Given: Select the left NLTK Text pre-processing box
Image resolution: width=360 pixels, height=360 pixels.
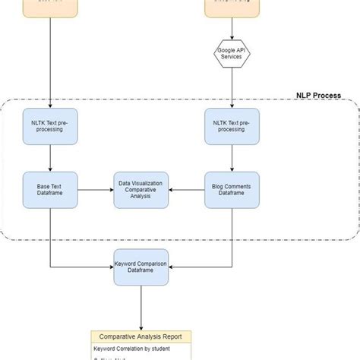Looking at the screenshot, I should (x=50, y=125).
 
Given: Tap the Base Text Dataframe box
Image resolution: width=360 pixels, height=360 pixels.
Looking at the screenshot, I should (x=50, y=189).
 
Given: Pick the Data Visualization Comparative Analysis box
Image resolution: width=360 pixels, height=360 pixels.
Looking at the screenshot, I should (x=141, y=189).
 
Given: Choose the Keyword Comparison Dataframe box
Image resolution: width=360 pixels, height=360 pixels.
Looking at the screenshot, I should (x=141, y=267).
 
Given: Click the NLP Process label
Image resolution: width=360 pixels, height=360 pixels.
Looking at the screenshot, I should (x=317, y=96).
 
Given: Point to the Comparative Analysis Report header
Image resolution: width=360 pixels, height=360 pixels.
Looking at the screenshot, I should (x=141, y=336).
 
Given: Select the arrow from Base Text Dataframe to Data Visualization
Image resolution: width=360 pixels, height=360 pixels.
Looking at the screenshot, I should (x=95, y=189).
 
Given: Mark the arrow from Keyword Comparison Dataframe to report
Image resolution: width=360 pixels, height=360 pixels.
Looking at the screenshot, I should (x=141, y=308).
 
